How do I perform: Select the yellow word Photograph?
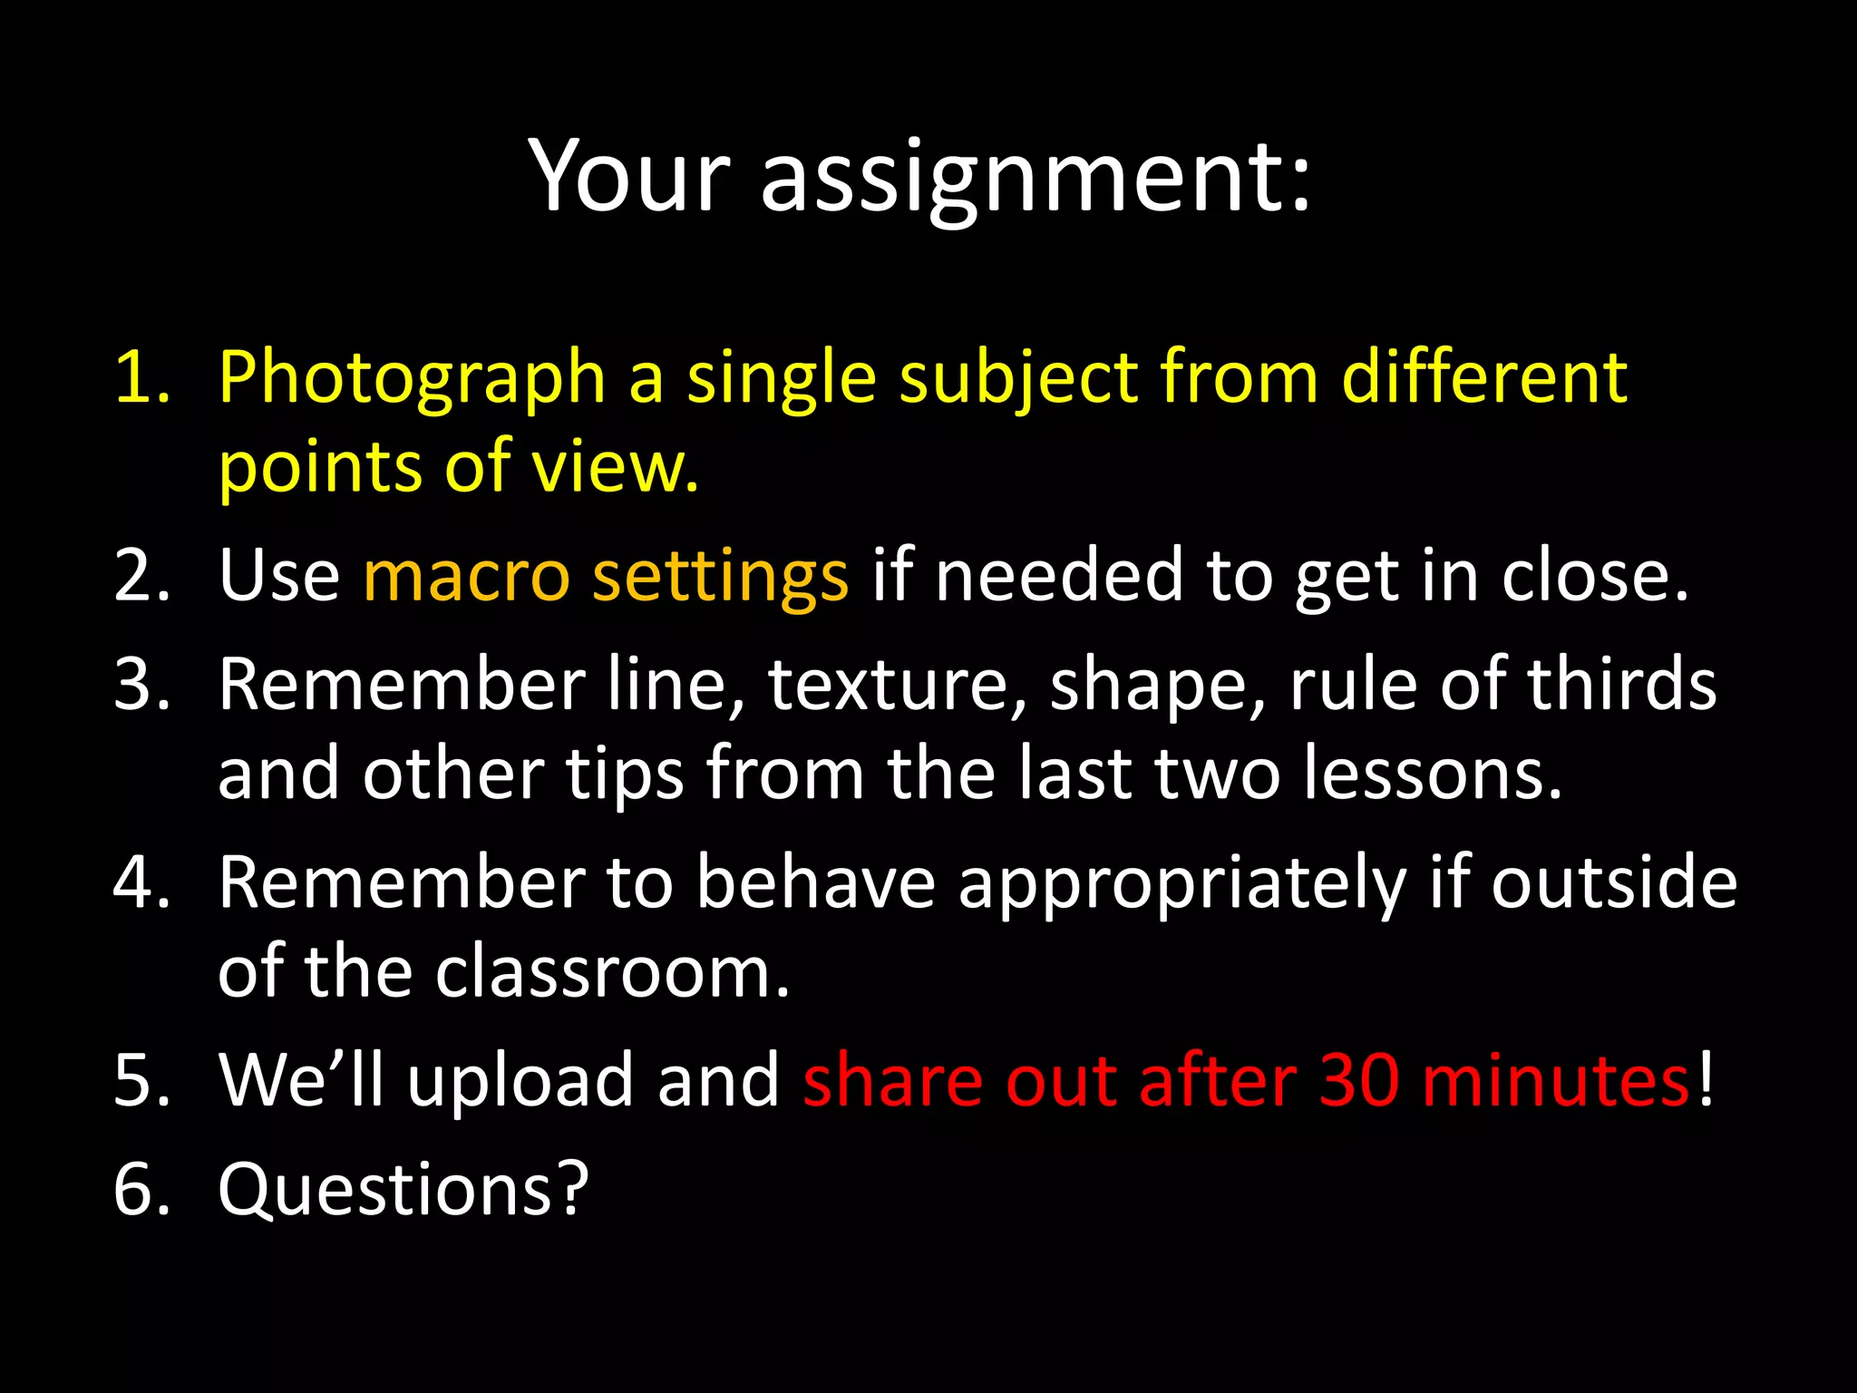(412, 378)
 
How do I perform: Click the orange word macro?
(467, 576)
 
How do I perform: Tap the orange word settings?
(721, 578)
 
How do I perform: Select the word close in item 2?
(1595, 576)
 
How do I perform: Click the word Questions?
(403, 1191)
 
